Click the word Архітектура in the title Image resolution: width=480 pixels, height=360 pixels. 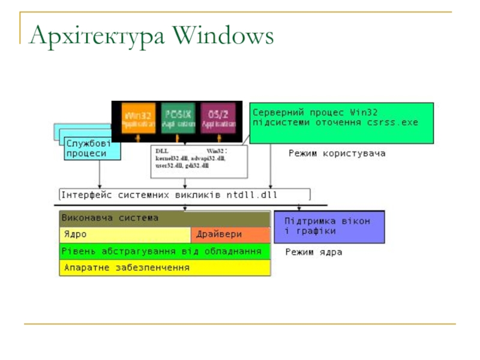pyautogui.click(x=96, y=37)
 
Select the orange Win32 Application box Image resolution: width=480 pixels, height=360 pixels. pyautogui.click(x=139, y=118)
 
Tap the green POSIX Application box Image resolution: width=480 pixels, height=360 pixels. pyautogui.click(x=178, y=118)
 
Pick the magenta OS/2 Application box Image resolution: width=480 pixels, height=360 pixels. pyautogui.click(x=218, y=118)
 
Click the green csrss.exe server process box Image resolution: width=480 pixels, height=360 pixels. pyautogui.click(x=341, y=122)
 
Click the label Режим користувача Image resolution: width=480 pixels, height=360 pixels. pyautogui.click(x=337, y=154)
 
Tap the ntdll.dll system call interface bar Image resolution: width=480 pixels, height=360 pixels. pyautogui.click(x=185, y=195)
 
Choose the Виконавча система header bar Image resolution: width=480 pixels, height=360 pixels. pyautogui.click(x=164, y=218)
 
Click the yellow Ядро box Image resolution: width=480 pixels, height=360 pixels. pyautogui.click(x=125, y=235)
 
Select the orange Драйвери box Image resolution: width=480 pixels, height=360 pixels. pyautogui.click(x=231, y=235)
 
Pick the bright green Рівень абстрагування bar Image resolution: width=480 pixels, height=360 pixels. pyautogui.click(x=164, y=251)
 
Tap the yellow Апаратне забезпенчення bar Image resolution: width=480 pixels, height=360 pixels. pyautogui.click(x=164, y=268)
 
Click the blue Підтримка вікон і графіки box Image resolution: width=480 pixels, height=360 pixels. pyautogui.click(x=329, y=226)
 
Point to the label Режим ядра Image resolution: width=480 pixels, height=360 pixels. pyautogui.click(x=313, y=253)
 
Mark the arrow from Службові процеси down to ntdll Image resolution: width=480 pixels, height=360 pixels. pyautogui.click(x=100, y=174)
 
